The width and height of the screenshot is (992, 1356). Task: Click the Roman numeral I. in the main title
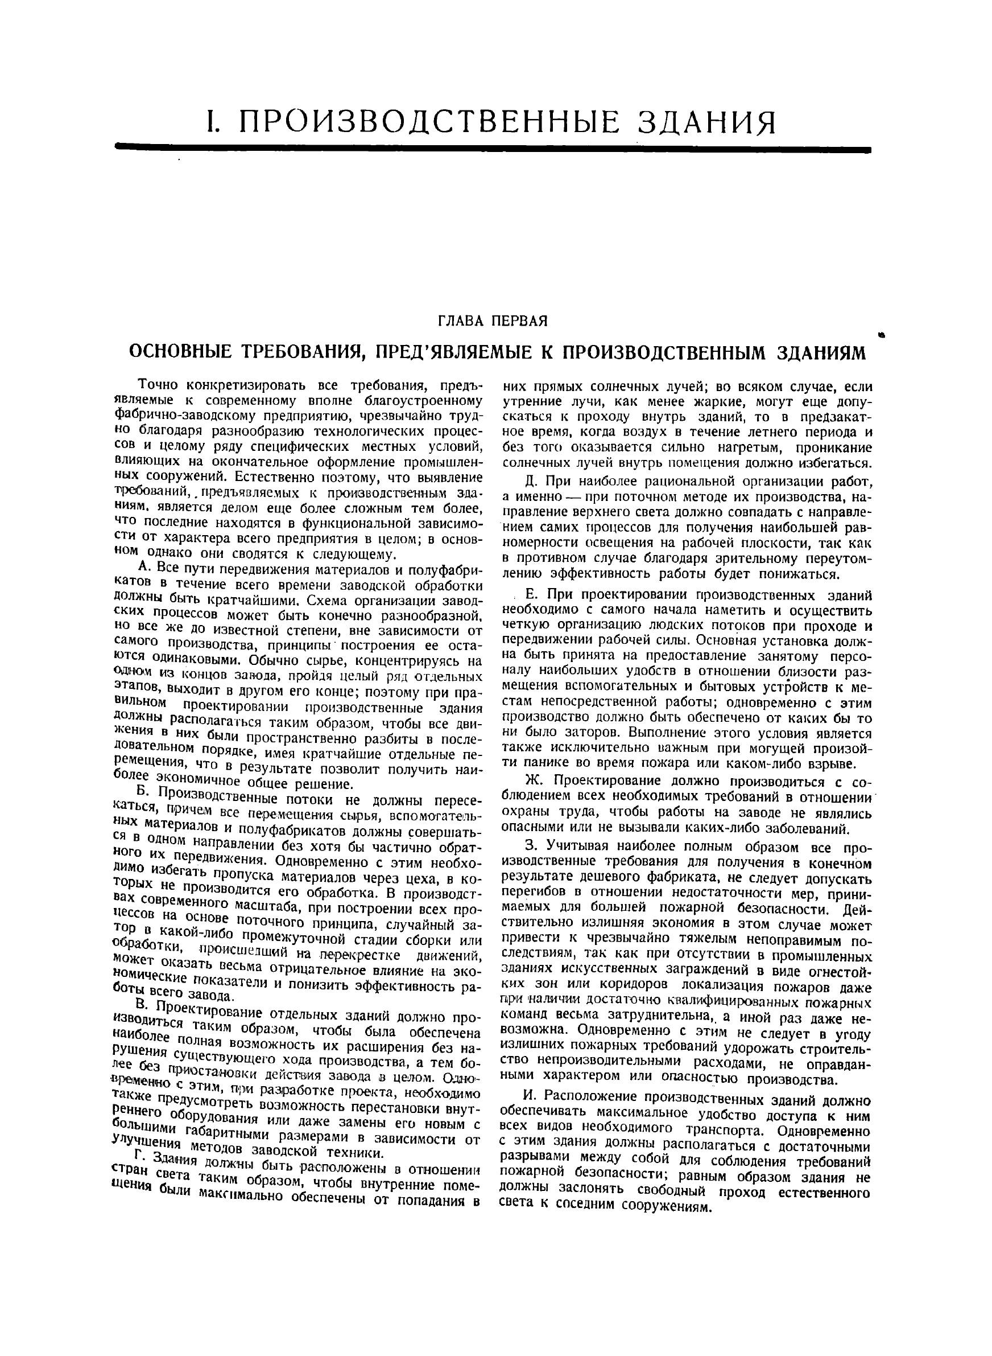(214, 122)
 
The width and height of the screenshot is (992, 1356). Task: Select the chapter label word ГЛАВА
(466, 321)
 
